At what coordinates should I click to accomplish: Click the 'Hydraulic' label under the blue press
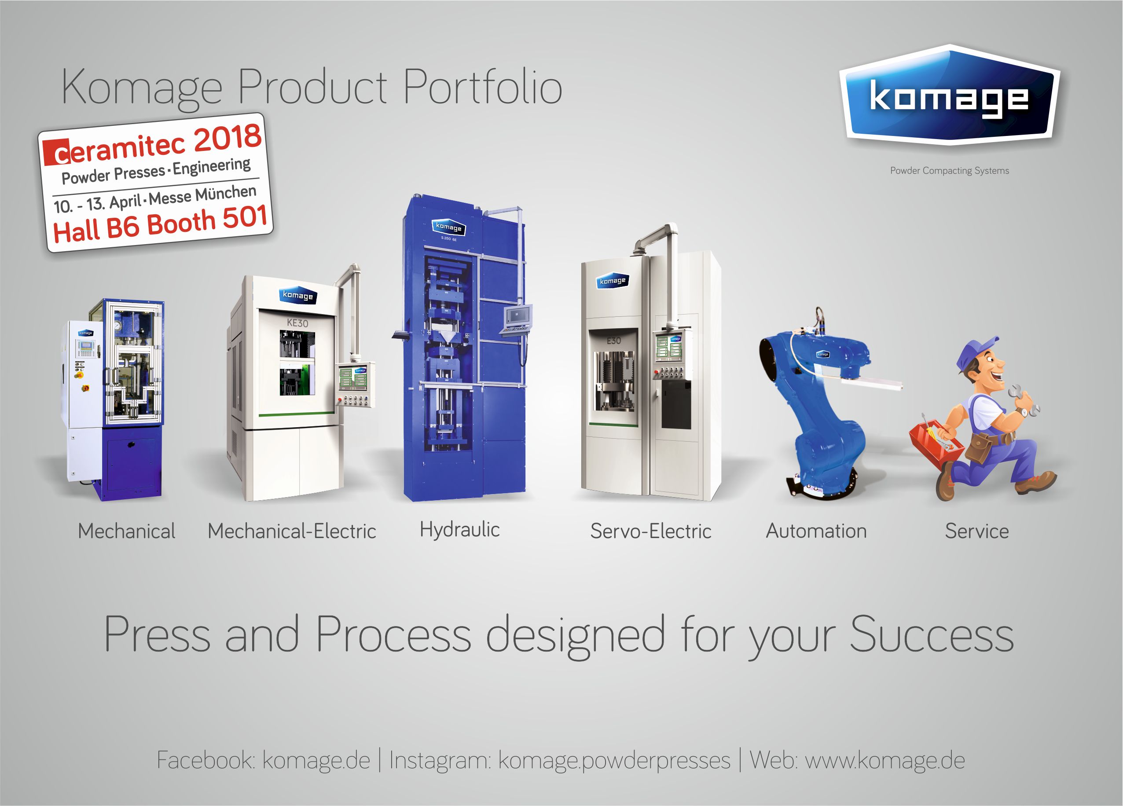pyautogui.click(x=459, y=530)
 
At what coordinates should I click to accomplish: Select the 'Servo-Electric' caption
pyautogui.click(x=651, y=531)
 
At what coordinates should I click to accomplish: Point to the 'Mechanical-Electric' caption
pyautogui.click(x=292, y=531)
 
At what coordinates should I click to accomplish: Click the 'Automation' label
pyautogui.click(x=816, y=531)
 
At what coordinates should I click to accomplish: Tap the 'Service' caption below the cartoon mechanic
pyautogui.click(x=976, y=531)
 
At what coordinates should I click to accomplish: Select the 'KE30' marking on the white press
pyautogui.click(x=297, y=323)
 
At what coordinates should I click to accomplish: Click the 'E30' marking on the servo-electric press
pyautogui.click(x=613, y=341)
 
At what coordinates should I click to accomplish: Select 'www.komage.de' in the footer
pyautogui.click(x=885, y=760)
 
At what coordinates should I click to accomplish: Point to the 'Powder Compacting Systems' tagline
pyautogui.click(x=949, y=171)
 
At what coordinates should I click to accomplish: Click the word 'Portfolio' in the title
pyautogui.click(x=483, y=88)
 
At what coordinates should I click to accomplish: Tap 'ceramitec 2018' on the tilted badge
pyautogui.click(x=153, y=145)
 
